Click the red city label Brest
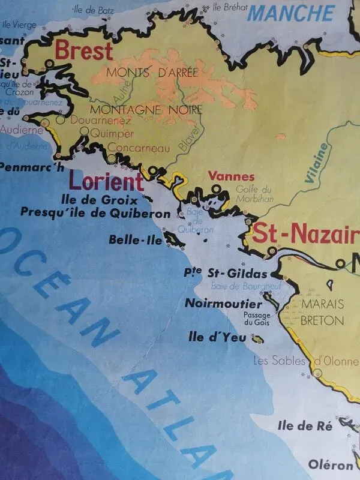coord(83,50)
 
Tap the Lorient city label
coord(106,181)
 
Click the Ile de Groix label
coord(100,199)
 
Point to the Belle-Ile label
coord(136,239)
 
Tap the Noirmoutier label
coord(223,303)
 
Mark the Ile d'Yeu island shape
coord(259,340)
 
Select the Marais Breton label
coord(322,311)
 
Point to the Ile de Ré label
coord(305,426)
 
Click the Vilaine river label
coord(317,161)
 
